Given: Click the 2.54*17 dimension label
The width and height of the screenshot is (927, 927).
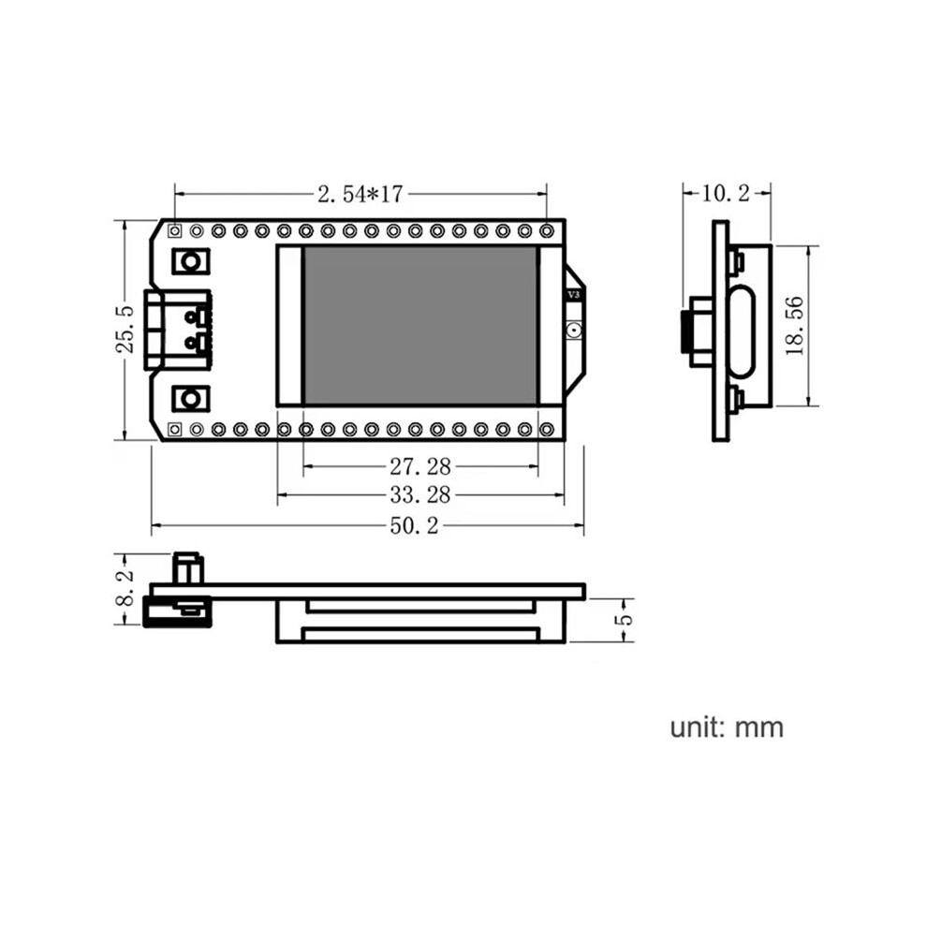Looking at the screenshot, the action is (x=360, y=194).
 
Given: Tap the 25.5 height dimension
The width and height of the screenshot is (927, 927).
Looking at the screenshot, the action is (x=125, y=331).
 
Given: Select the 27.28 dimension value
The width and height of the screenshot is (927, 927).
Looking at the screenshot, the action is (x=419, y=467).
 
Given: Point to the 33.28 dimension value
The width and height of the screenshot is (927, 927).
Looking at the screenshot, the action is (x=419, y=494).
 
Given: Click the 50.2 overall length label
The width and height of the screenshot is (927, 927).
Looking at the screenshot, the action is (x=415, y=525).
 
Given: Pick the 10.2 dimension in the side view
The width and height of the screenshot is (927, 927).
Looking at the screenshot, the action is (x=726, y=193).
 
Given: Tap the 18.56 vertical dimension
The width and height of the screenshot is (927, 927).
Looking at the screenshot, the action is (x=795, y=326).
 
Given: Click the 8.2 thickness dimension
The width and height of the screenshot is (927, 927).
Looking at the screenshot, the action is (x=125, y=588).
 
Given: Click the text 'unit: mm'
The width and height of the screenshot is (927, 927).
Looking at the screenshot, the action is (x=727, y=728).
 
